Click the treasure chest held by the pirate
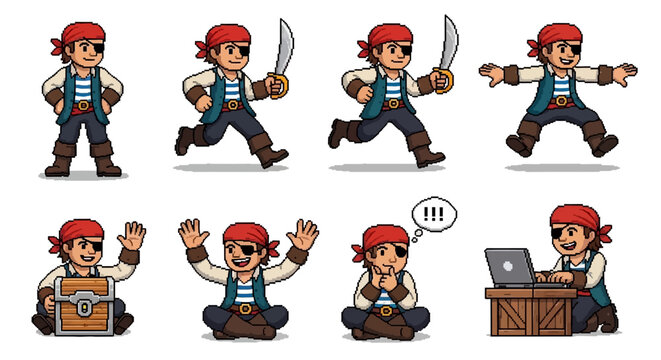click(84, 306)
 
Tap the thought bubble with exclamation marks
click(433, 214)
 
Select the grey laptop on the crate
click(511, 267)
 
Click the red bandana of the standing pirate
click(81, 36)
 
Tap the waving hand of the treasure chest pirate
click(131, 237)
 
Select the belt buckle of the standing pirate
click(84, 104)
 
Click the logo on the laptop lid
click(508, 267)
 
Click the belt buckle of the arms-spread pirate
click(560, 101)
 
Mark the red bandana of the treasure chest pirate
click(80, 234)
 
